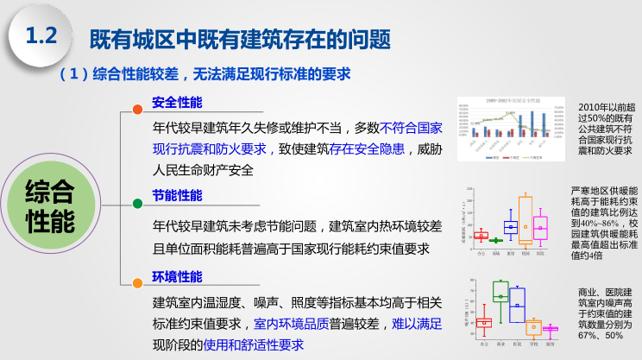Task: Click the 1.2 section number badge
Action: (x=40, y=36)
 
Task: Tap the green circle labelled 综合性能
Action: (x=50, y=206)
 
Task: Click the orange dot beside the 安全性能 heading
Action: (x=137, y=109)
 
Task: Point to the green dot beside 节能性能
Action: (x=137, y=203)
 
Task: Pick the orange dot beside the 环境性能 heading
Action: (x=137, y=281)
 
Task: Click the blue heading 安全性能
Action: (x=177, y=103)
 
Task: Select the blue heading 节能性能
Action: (x=177, y=195)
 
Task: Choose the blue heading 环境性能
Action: (x=177, y=276)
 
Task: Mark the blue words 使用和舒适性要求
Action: (x=251, y=344)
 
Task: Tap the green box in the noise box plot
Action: (x=500, y=291)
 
